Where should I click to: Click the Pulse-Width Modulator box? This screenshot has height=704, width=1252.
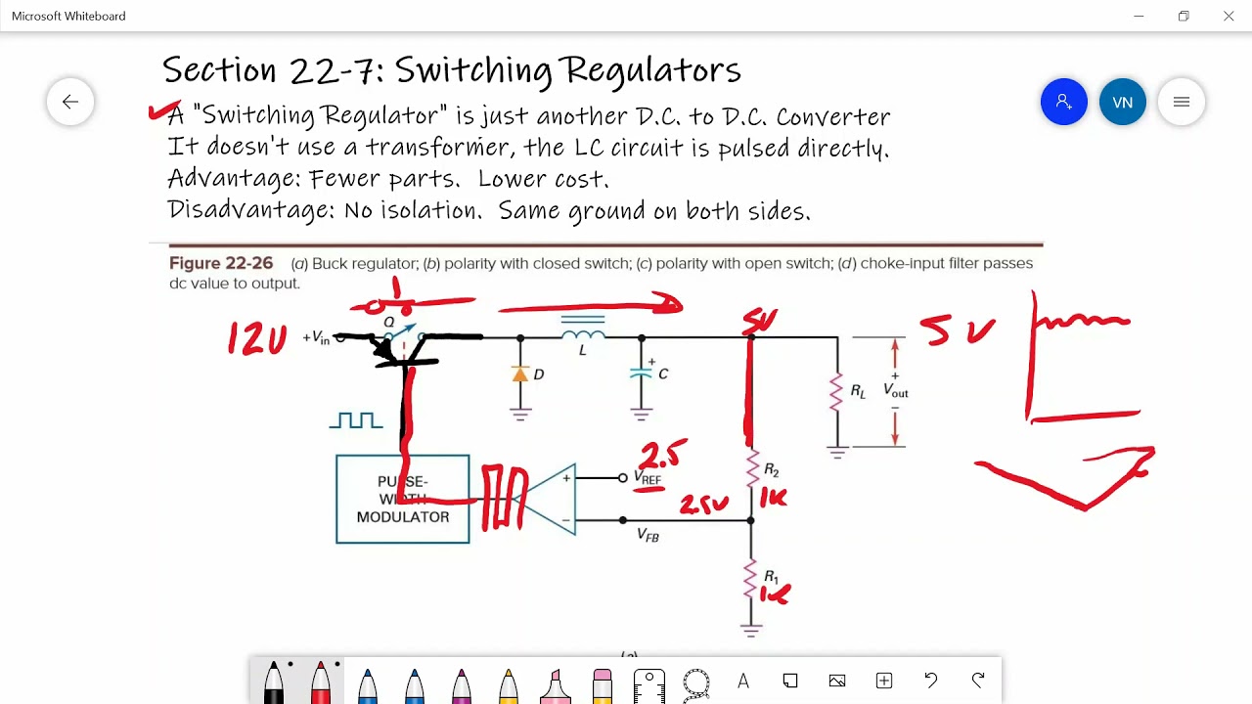[402, 499]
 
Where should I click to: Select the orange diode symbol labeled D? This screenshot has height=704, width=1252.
[520, 374]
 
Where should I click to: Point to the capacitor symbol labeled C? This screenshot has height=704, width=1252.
[642, 373]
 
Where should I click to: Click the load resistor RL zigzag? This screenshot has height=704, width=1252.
[836, 391]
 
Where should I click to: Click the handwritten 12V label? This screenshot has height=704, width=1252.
[257, 338]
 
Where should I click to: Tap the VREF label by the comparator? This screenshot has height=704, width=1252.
[648, 478]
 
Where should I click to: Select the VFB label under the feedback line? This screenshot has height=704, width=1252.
[648, 535]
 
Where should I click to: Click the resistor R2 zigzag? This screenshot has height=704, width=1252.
[751, 469]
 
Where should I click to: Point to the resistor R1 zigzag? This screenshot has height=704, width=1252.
[751, 578]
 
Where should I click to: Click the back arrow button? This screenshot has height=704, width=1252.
[70, 102]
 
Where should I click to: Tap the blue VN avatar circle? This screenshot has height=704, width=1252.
[1122, 102]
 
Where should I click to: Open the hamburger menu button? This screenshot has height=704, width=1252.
[1181, 102]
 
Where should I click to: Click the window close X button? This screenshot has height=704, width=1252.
[1229, 16]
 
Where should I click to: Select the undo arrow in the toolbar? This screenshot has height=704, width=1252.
[930, 681]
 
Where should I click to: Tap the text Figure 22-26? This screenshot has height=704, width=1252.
[221, 263]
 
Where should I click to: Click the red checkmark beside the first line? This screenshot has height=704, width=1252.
[162, 111]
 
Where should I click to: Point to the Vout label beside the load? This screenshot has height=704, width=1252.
[896, 390]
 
